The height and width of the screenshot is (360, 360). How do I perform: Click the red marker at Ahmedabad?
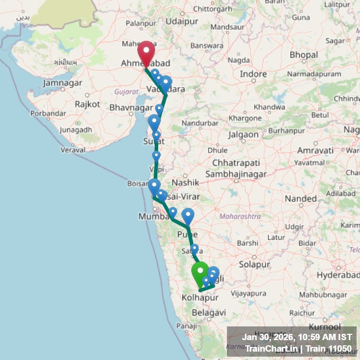146,52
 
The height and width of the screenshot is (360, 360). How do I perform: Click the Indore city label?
253,74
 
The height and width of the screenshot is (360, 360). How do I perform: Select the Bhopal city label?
303,54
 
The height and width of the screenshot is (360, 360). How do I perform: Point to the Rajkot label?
88,104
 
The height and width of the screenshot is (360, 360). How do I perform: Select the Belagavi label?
209,312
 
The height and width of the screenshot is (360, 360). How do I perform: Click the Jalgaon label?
244,134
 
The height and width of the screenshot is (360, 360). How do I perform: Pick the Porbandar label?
48,113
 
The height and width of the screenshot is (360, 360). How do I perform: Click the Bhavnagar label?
131,107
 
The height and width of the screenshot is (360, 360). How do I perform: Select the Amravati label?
315,150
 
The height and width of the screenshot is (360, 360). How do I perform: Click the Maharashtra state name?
240,216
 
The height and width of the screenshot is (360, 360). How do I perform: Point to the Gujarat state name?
126,91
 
